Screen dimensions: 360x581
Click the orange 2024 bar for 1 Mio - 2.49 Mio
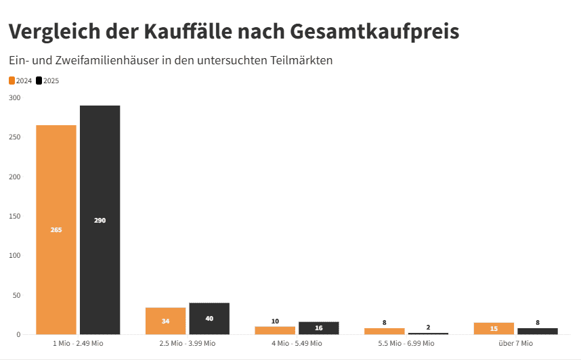pos(56,229)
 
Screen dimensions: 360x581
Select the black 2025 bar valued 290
pos(100,220)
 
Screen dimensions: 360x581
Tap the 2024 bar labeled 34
pos(165,321)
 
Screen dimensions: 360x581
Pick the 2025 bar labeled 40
pos(209,319)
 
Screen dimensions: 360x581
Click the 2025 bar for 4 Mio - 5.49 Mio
pos(318,328)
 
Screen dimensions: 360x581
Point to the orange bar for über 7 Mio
pos(494,328)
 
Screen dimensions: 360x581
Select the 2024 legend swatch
pos(12,81)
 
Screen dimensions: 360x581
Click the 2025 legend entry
pos(47,81)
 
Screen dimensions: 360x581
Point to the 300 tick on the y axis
pos(15,98)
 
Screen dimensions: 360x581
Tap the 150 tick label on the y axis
pos(15,217)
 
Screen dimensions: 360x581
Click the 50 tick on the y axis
pos(17,296)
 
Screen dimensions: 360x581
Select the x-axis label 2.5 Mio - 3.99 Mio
pos(187,344)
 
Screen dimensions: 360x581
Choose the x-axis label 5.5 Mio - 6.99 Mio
pos(406,344)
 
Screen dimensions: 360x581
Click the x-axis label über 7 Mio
pos(515,344)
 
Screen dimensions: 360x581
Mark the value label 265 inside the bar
pos(56,230)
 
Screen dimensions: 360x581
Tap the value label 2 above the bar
pos(428,327)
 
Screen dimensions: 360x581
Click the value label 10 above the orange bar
pos(275,321)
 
